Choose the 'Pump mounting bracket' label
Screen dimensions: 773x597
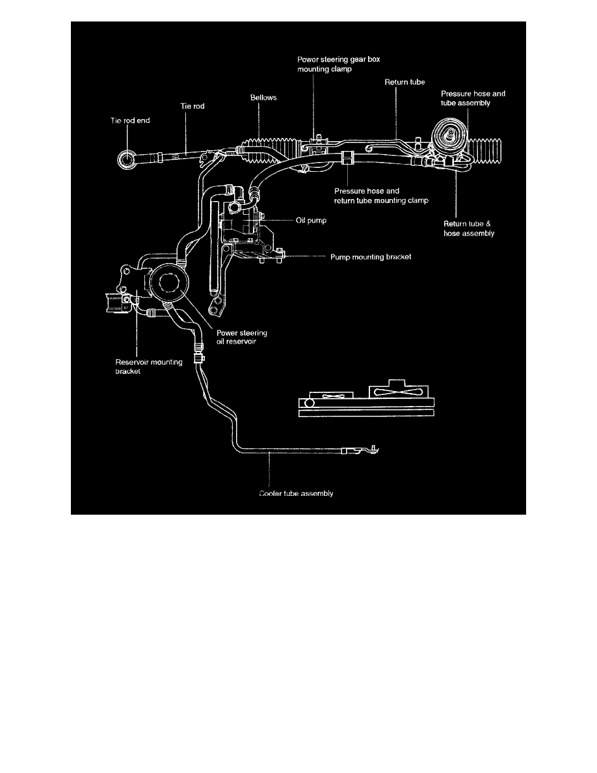click(x=371, y=257)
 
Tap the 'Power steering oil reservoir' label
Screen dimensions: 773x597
click(x=241, y=337)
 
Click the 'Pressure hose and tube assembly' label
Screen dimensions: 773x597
click(x=473, y=98)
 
